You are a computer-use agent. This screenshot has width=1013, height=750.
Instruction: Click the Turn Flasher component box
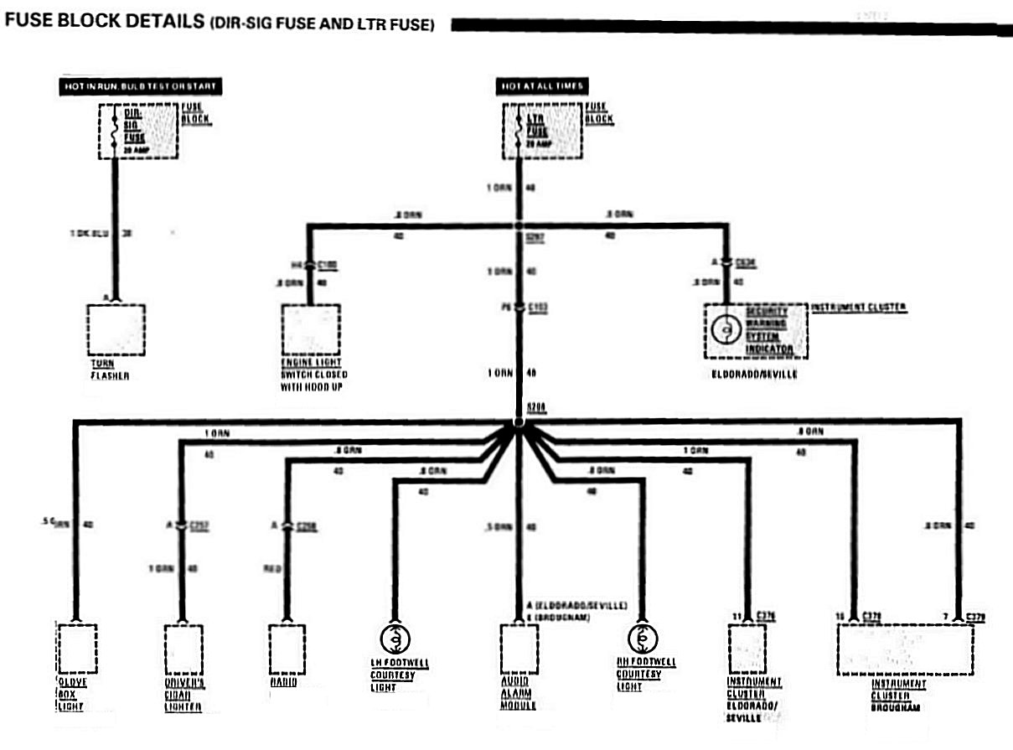116,329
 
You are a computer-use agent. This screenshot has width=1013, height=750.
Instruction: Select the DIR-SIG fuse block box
139,131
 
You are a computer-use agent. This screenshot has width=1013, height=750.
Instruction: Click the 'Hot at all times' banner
542,86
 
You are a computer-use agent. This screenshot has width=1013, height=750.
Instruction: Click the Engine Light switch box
310,329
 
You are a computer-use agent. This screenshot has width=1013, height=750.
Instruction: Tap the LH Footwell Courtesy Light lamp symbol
394,639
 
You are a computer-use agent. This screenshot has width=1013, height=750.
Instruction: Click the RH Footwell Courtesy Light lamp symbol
642,639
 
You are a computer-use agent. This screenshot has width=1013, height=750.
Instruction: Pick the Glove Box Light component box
77,649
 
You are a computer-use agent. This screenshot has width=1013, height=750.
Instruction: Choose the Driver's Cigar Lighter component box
183,649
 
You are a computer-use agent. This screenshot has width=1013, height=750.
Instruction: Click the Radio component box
287,649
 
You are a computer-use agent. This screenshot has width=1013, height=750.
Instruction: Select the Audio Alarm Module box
519,649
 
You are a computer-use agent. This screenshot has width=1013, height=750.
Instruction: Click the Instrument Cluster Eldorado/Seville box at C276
747,649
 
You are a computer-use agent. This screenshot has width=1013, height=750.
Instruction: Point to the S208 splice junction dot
518,422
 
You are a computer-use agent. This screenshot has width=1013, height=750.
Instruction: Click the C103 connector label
539,308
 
